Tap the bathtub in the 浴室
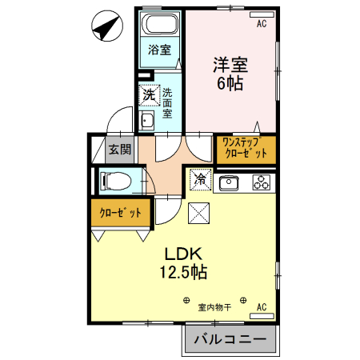coord(161,24)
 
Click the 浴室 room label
coord(160,50)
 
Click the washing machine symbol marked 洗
coord(149,96)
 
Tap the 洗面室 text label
coord(168,102)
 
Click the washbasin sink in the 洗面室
coord(148,122)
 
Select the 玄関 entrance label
coord(121,149)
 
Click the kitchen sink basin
coord(229,182)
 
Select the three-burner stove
coord(262,182)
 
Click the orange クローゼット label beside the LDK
coord(121,213)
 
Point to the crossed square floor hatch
coord(198,212)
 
